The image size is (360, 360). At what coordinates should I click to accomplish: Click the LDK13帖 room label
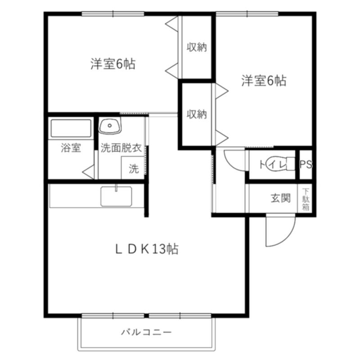click(147, 249)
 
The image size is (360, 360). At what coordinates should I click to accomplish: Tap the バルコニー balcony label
click(147, 332)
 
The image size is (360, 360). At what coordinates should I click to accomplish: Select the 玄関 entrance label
click(280, 198)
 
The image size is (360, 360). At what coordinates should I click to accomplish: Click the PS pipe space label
click(306, 164)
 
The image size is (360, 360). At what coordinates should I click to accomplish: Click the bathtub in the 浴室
click(71, 128)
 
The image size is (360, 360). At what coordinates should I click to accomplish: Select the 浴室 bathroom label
click(71, 148)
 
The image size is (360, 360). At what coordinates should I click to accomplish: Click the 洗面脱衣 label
click(121, 148)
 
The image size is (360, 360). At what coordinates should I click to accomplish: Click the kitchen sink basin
click(116, 196)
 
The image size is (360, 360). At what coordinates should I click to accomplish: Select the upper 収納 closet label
click(197, 47)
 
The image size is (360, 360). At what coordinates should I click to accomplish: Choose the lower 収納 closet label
click(197, 114)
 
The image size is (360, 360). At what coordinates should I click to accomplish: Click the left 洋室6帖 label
click(113, 64)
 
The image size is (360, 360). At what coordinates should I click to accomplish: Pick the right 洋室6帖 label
click(264, 81)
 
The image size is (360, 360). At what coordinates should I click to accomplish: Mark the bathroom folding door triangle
click(88, 172)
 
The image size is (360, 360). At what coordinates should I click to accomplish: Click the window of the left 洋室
click(113, 14)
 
